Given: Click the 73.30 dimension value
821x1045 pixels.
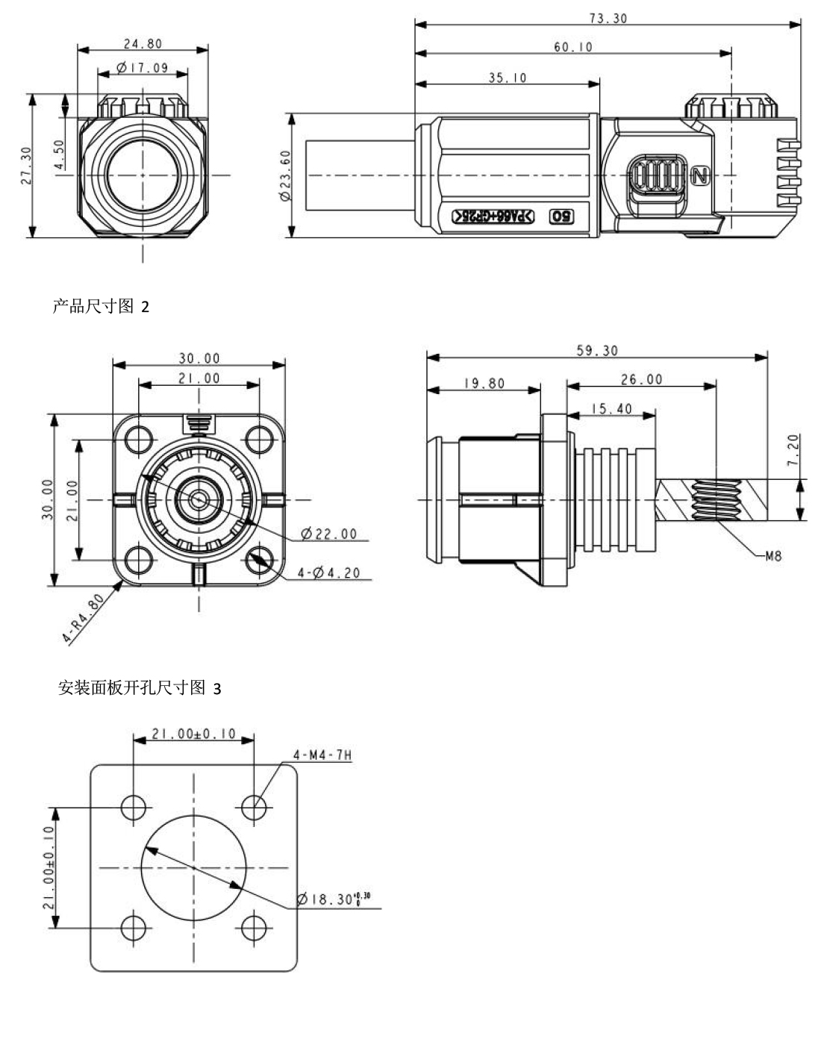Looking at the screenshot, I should coord(609,18).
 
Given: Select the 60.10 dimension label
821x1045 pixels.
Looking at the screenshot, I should coord(573,47).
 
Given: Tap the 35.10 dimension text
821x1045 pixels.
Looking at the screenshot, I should coord(508,77).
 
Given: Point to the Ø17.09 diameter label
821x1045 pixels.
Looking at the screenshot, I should coord(143,69).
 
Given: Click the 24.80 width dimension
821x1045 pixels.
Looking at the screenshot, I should coord(143,44).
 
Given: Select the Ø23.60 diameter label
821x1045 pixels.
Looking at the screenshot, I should coord(284,176).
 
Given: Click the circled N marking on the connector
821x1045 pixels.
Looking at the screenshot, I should coord(699,177).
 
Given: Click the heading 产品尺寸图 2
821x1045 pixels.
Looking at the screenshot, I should coord(101,307).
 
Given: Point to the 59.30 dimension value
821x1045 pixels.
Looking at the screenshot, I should coord(597,351).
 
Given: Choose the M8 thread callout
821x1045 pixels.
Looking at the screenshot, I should coord(773,556).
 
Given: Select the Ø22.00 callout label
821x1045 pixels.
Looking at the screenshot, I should coord(329,534).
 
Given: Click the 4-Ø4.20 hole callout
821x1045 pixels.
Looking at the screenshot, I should coord(328,573).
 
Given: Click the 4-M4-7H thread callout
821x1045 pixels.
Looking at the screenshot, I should coord(322,755).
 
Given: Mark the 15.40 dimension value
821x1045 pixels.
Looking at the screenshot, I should coord(611,408).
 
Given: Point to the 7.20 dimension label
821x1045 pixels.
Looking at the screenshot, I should coord(793,450).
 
